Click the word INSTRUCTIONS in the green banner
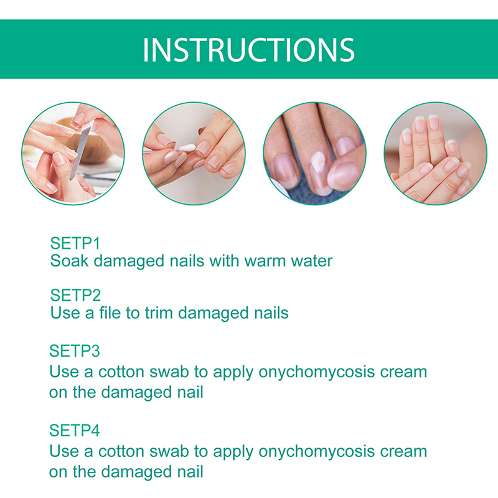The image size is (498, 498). click(248, 50)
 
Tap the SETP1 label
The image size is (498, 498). click(75, 243)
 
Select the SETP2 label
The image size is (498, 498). click(75, 295)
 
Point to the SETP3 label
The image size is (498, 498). click(75, 351)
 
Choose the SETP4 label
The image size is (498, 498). click(75, 431)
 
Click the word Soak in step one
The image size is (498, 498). click(69, 261)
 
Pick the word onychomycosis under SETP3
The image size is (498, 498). click(316, 372)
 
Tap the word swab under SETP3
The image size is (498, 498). click(169, 372)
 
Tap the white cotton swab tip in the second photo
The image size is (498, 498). click(186, 148)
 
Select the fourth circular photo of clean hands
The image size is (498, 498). click(435, 153)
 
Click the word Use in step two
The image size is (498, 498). click(65, 313)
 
